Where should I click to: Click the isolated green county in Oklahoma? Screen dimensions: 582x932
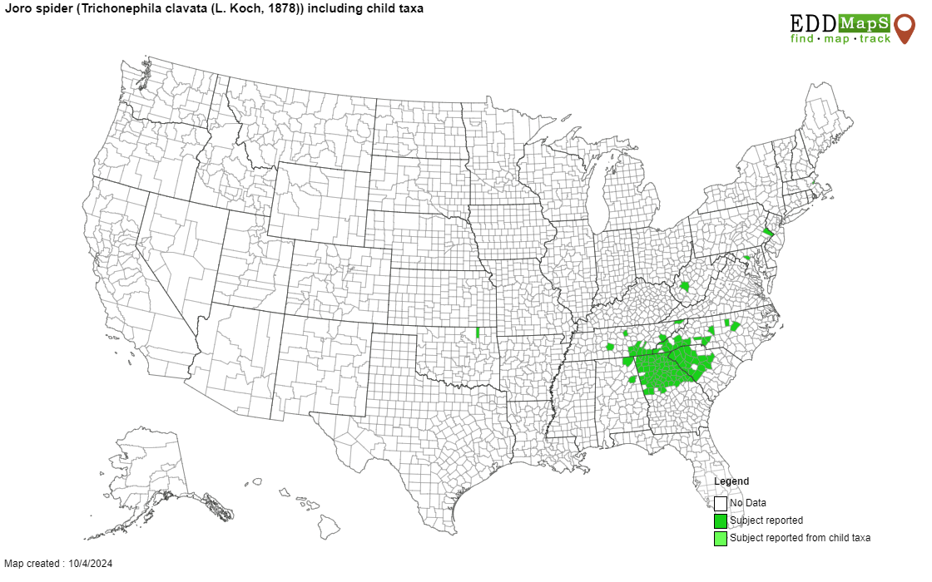[478, 333]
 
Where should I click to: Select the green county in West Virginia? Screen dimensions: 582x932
[684, 286]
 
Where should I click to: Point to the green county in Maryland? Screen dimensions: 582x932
[746, 258]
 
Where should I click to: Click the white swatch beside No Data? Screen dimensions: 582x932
[721, 503]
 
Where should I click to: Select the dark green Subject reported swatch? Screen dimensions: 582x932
[721, 520]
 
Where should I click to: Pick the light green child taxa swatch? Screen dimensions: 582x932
[721, 538]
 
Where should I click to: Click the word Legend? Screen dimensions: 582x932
[731, 481]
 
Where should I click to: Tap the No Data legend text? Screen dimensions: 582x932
[748, 503]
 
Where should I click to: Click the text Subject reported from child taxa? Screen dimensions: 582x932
[800, 538]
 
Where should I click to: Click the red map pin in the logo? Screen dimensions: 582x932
[904, 26]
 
